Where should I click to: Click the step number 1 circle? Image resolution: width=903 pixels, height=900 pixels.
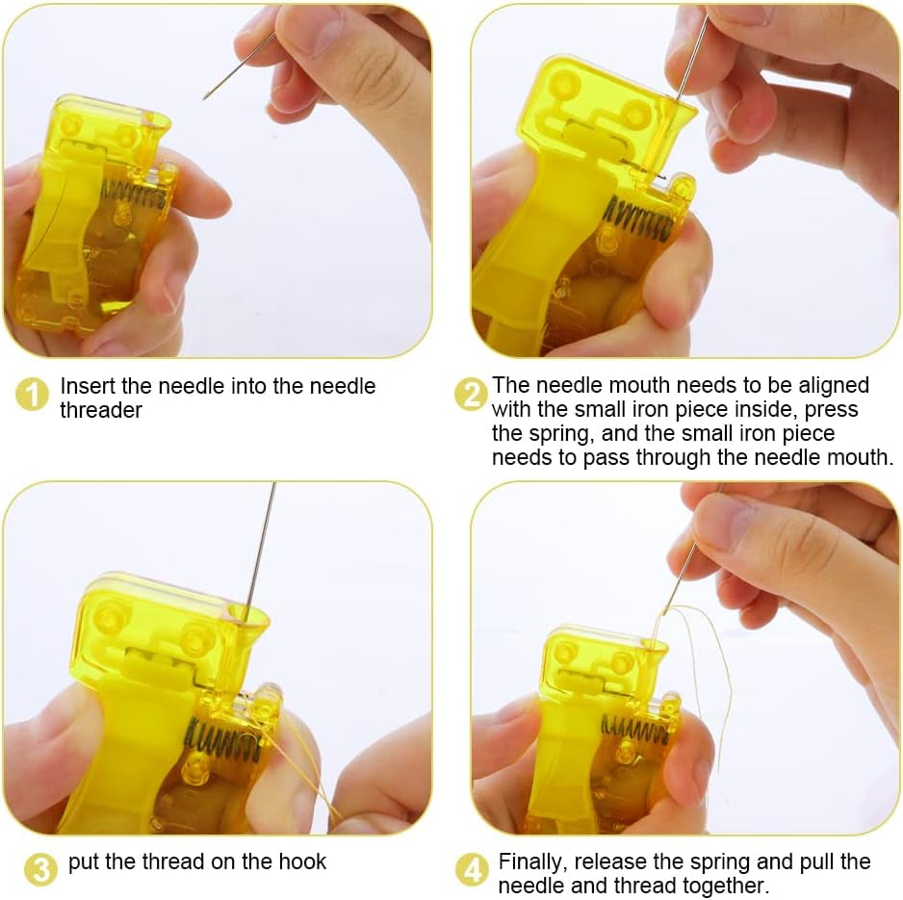click(x=32, y=395)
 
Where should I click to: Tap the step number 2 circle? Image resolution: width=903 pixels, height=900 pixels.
click(x=471, y=395)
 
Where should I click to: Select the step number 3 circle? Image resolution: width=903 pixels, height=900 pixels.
click(x=39, y=869)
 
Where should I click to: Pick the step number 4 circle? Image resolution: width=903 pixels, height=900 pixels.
click(x=471, y=869)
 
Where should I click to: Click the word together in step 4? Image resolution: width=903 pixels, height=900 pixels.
click(x=725, y=886)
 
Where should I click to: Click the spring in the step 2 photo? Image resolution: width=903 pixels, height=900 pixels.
click(x=638, y=218)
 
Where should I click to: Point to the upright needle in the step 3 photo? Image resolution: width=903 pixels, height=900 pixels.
click(x=259, y=549)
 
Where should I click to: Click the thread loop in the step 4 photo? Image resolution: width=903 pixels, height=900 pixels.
click(x=708, y=664)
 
